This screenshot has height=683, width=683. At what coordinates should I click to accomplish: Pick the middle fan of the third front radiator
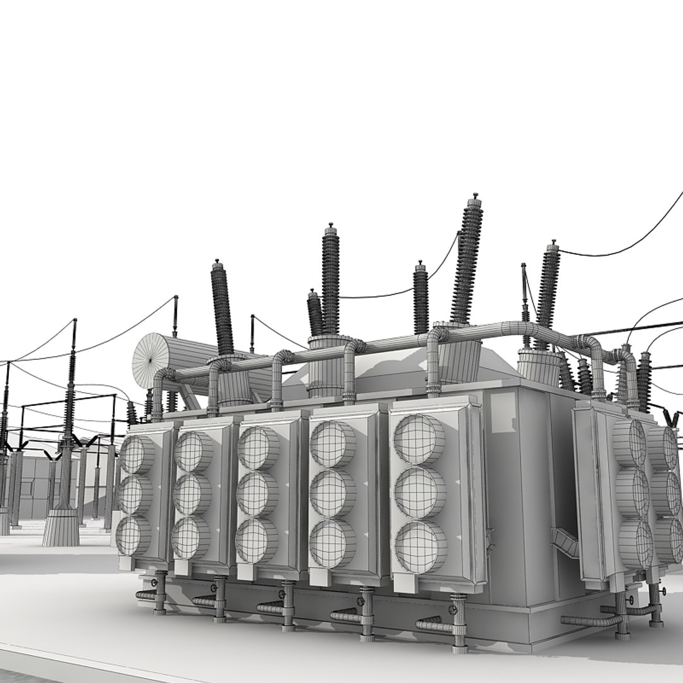point(257,493)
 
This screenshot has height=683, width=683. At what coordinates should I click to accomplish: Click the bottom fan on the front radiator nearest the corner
point(420,547)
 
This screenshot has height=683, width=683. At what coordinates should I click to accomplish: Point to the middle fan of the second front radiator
point(192,494)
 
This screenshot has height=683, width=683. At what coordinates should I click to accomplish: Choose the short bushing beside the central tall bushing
point(315,312)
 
